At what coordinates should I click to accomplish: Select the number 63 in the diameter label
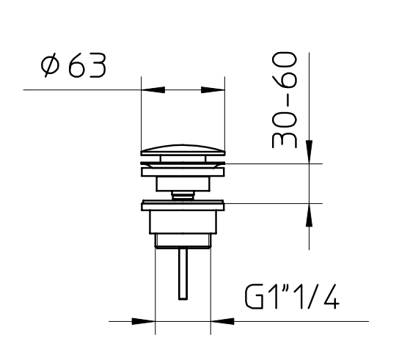87,67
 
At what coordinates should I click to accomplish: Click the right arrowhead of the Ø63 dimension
213,90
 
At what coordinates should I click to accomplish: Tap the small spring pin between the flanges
183,194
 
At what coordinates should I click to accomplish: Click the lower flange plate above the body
183,205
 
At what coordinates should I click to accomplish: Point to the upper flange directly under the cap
183,169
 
